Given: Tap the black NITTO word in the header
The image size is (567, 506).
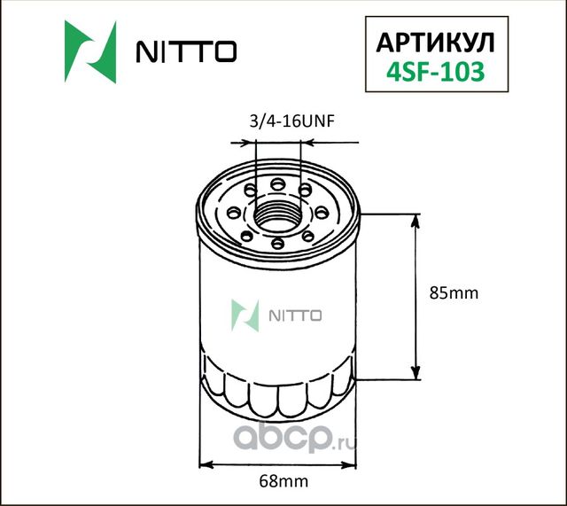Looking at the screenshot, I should [185, 52].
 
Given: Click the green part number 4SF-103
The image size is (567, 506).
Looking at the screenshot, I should [431, 74].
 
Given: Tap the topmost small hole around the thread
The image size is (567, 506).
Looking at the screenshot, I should [278, 183].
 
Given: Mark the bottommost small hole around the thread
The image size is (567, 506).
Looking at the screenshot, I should [277, 243].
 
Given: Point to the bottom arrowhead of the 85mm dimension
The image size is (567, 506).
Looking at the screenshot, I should [415, 372].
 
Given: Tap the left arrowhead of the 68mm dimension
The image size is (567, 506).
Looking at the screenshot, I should [206, 463].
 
